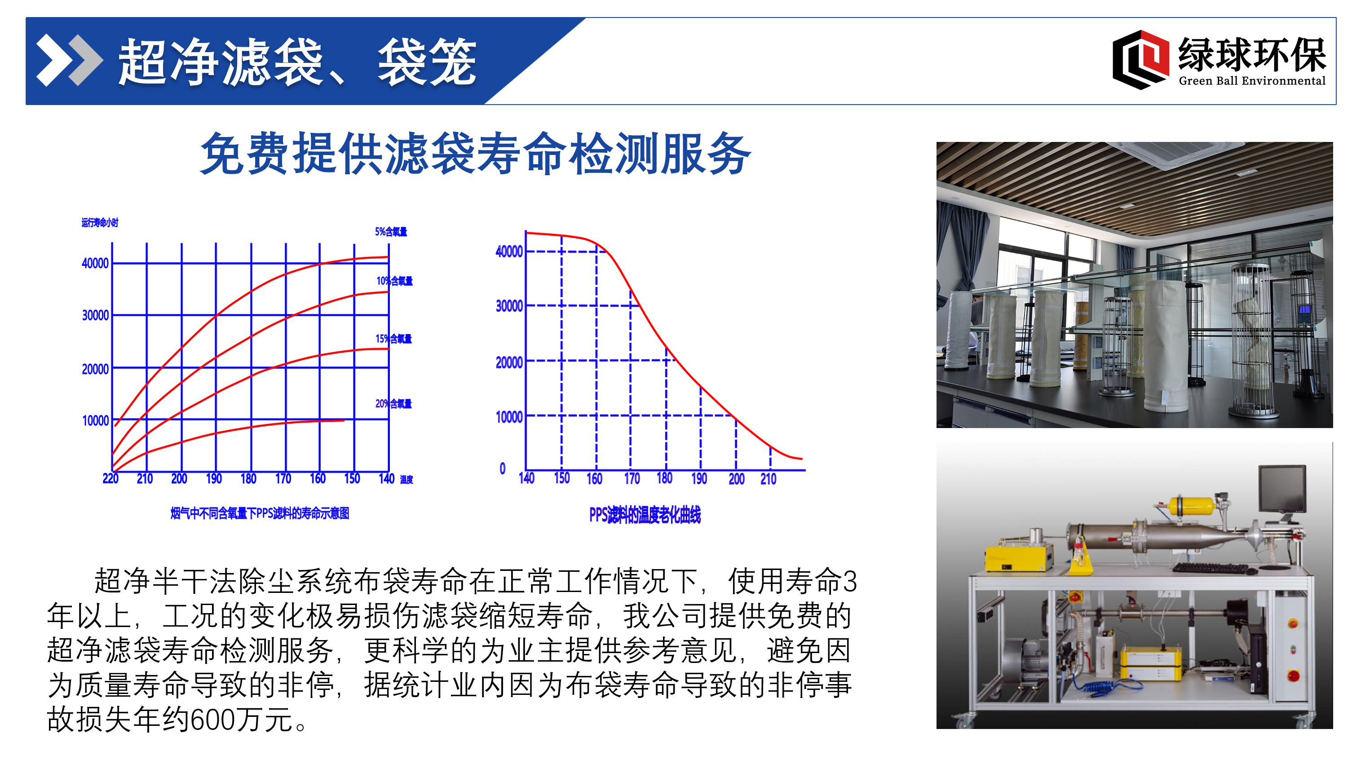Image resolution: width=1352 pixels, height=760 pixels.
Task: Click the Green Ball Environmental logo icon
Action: [x=1140, y=60]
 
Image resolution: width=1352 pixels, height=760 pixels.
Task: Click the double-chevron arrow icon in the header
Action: [x=69, y=60]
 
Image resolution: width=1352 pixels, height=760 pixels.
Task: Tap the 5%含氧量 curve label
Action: [x=391, y=231]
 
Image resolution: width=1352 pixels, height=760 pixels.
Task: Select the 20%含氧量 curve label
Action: [x=393, y=404]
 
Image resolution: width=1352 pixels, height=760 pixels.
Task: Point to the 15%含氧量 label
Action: [x=393, y=339]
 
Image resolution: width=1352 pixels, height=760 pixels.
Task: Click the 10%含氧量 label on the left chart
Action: [x=394, y=281]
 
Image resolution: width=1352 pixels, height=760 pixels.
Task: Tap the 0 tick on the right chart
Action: [x=502, y=468]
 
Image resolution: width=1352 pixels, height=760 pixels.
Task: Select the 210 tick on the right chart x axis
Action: [x=769, y=479]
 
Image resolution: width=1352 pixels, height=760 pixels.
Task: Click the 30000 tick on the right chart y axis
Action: [x=509, y=305]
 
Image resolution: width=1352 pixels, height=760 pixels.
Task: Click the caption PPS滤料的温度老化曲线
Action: [x=645, y=515]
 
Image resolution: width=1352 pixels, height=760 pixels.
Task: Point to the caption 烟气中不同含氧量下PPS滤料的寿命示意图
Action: [x=260, y=513]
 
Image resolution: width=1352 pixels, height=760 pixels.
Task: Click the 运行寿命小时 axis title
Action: [x=100, y=222]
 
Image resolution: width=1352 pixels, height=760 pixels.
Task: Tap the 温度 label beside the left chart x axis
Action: [x=407, y=479]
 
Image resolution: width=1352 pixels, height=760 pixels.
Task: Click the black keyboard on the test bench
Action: [x=1211, y=568]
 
